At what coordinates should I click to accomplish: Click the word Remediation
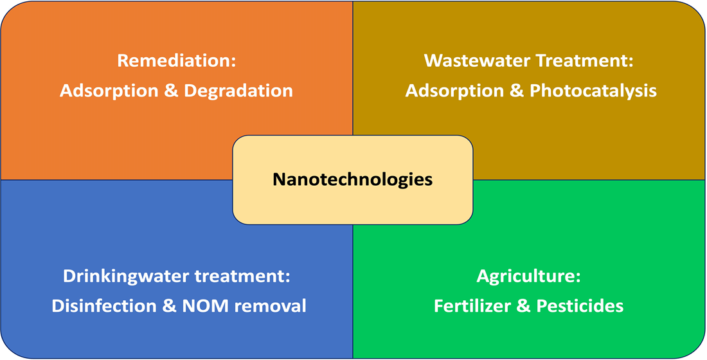coord(174,62)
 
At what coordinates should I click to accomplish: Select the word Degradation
coord(238,91)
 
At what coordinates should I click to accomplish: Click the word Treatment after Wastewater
coord(580,62)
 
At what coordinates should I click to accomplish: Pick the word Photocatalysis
coord(593,91)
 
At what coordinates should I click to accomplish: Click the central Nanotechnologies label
coord(352,179)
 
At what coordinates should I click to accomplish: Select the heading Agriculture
coord(528,276)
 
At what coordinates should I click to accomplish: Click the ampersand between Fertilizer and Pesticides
coord(524,305)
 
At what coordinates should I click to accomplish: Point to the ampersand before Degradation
coord(170,91)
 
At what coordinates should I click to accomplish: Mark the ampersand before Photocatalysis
coord(515,91)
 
